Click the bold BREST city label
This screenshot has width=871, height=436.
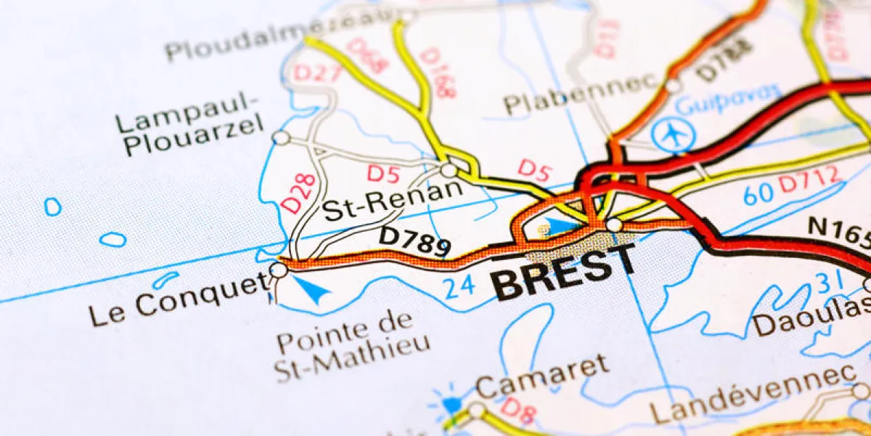tap(564, 273)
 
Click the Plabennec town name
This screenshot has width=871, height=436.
tap(581, 94)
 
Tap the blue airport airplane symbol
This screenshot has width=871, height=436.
tap(673, 135)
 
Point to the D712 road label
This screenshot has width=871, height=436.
tap(810, 179)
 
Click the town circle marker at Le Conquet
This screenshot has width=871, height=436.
tap(278, 270)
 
